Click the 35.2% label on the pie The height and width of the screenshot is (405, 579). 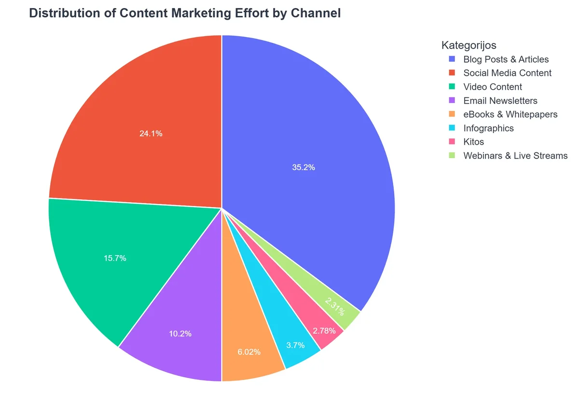pos(303,167)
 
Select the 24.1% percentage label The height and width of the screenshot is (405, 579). pos(151,134)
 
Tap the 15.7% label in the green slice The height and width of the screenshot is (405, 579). pos(115,258)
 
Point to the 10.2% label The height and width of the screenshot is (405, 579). pos(180,333)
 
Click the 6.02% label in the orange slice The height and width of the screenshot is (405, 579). pos(249,352)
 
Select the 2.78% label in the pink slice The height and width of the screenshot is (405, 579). pos(324,331)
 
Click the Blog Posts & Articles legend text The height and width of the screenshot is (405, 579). pos(506,59)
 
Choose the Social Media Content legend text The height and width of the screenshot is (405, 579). pos(507,73)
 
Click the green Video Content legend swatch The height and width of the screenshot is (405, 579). pos(452,87)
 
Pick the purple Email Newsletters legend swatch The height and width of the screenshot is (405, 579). pos(452,101)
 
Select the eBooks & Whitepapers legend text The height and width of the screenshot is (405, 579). pos(510,114)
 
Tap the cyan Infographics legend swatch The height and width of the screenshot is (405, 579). pos(452,128)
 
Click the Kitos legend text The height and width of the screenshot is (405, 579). pos(473,142)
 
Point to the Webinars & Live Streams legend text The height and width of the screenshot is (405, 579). pos(515,156)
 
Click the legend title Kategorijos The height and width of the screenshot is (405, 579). pos(469,45)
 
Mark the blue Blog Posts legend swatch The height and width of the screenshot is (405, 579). pos(452,59)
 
